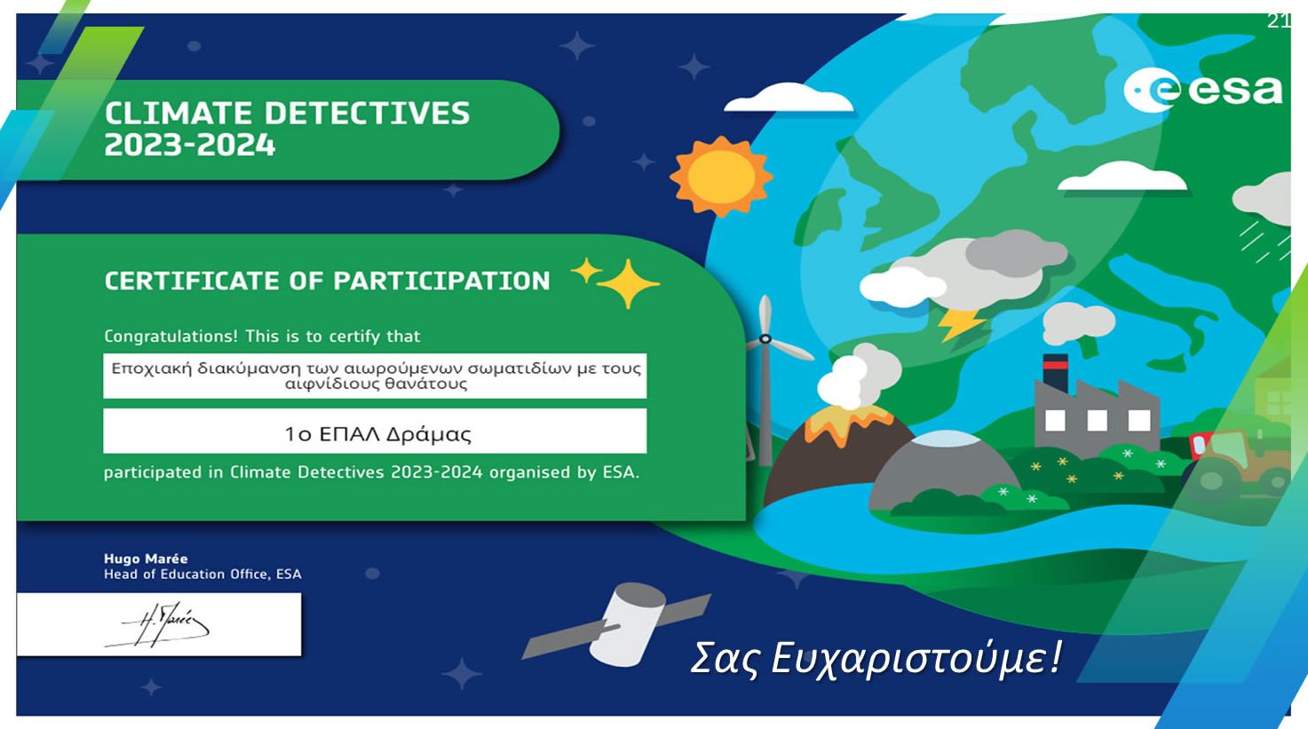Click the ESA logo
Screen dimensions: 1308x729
coord(1203,91)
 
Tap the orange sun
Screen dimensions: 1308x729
coord(721,177)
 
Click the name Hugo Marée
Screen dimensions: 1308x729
coord(146,559)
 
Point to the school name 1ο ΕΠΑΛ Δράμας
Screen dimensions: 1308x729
coord(377,434)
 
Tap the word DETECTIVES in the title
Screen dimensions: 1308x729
coord(367,114)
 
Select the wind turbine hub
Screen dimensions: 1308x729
coord(765,339)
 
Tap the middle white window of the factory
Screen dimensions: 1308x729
coord(1097,420)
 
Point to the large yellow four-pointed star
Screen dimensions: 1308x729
coord(628,284)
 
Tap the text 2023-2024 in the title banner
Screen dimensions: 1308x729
coord(190,145)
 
